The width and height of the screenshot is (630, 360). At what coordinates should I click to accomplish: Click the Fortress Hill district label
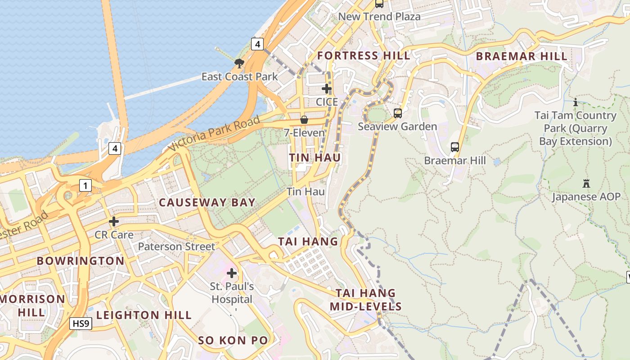(x=364, y=56)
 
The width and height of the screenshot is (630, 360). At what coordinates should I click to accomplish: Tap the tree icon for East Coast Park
(x=239, y=63)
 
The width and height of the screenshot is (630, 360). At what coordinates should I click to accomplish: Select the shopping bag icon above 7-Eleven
(x=304, y=120)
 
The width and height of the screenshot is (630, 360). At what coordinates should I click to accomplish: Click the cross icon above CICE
(x=327, y=89)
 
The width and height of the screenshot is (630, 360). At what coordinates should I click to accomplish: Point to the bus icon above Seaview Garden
(x=398, y=113)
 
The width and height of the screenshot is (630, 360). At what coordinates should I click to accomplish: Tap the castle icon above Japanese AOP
(x=586, y=184)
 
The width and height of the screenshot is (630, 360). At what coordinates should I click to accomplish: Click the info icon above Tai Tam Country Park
(x=575, y=102)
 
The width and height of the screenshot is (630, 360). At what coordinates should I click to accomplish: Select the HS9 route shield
(x=81, y=323)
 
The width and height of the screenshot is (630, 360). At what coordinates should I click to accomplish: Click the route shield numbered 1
(x=85, y=185)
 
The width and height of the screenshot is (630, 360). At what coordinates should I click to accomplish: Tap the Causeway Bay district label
(x=207, y=202)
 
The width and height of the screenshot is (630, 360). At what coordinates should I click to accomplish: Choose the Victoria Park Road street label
(x=214, y=134)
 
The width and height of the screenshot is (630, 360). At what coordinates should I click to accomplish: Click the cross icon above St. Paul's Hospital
(x=232, y=273)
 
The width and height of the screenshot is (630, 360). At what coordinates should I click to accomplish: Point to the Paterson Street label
(x=176, y=247)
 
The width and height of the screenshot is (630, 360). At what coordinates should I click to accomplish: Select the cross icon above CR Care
(x=114, y=221)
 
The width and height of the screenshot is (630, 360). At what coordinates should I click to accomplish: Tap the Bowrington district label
(x=81, y=261)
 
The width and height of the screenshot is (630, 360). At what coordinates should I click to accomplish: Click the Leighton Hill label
(x=144, y=315)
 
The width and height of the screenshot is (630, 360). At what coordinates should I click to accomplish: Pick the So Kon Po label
(x=233, y=341)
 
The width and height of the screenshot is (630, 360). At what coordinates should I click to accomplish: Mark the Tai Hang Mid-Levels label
(x=365, y=300)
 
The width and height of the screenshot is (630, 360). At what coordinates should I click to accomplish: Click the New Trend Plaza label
(x=379, y=17)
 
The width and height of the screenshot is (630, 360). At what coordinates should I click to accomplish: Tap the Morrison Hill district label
(x=32, y=305)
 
